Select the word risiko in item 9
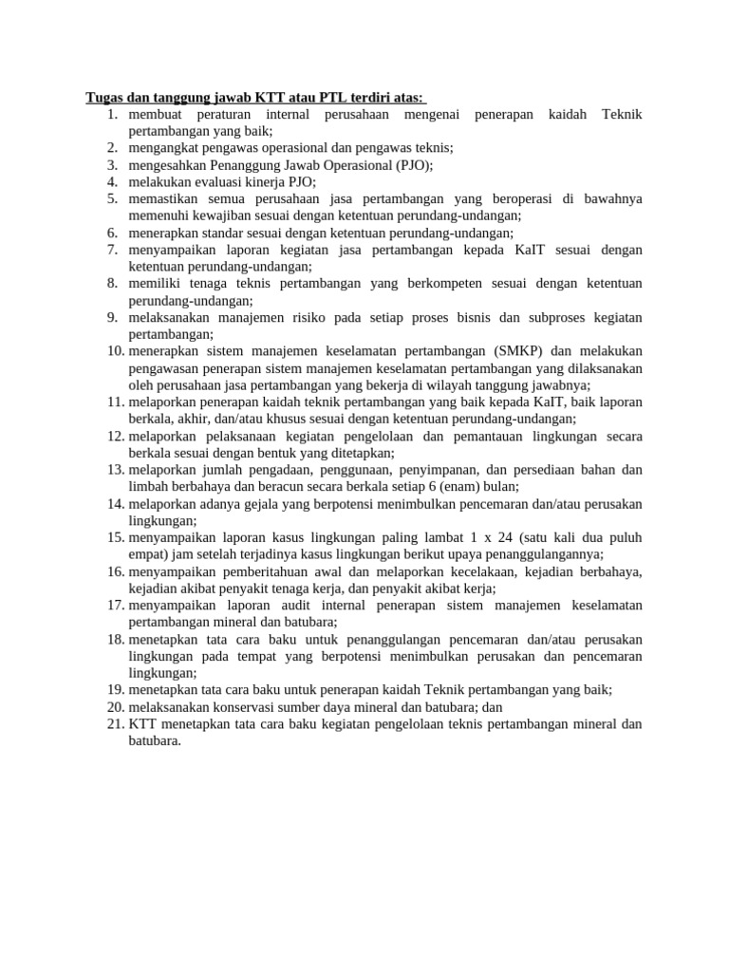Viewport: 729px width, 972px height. pyautogui.click(x=303, y=318)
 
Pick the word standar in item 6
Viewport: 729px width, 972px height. pyautogui.click(x=217, y=233)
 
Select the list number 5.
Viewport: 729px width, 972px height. pyautogui.click(x=111, y=198)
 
